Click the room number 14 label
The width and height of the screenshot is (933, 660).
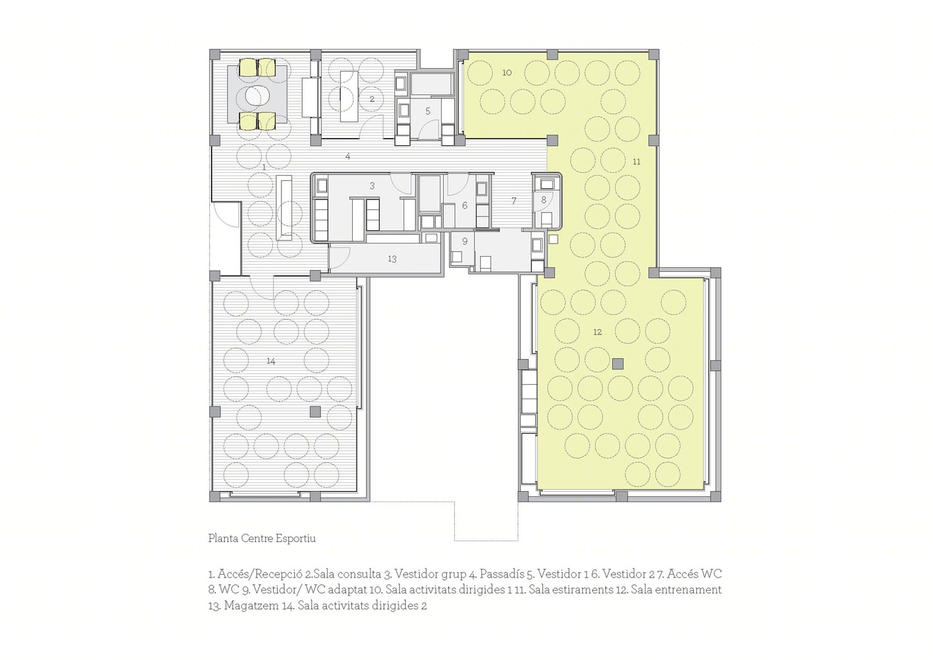pyautogui.click(x=271, y=361)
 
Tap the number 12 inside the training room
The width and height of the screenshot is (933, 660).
pyautogui.click(x=597, y=332)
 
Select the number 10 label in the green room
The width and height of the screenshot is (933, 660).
pyautogui.click(x=507, y=73)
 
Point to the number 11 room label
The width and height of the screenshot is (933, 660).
pyautogui.click(x=636, y=161)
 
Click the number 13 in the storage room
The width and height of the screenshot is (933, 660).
pyautogui.click(x=392, y=259)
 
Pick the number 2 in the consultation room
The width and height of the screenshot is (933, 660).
pyautogui.click(x=372, y=99)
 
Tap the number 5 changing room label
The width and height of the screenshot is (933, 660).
pyautogui.click(x=428, y=112)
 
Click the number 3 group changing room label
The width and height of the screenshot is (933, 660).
pyautogui.click(x=373, y=186)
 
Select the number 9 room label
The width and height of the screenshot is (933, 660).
pyautogui.click(x=465, y=242)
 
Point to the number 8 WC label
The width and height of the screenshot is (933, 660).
pyautogui.click(x=543, y=200)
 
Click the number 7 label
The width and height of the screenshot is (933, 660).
pyautogui.click(x=514, y=201)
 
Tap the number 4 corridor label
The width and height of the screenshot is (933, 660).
pyautogui.click(x=347, y=156)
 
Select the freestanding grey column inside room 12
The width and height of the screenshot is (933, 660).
pyautogui.click(x=618, y=364)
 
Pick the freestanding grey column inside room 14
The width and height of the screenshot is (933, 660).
pyautogui.click(x=315, y=411)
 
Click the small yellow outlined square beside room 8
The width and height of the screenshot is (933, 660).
pyautogui.click(x=553, y=240)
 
